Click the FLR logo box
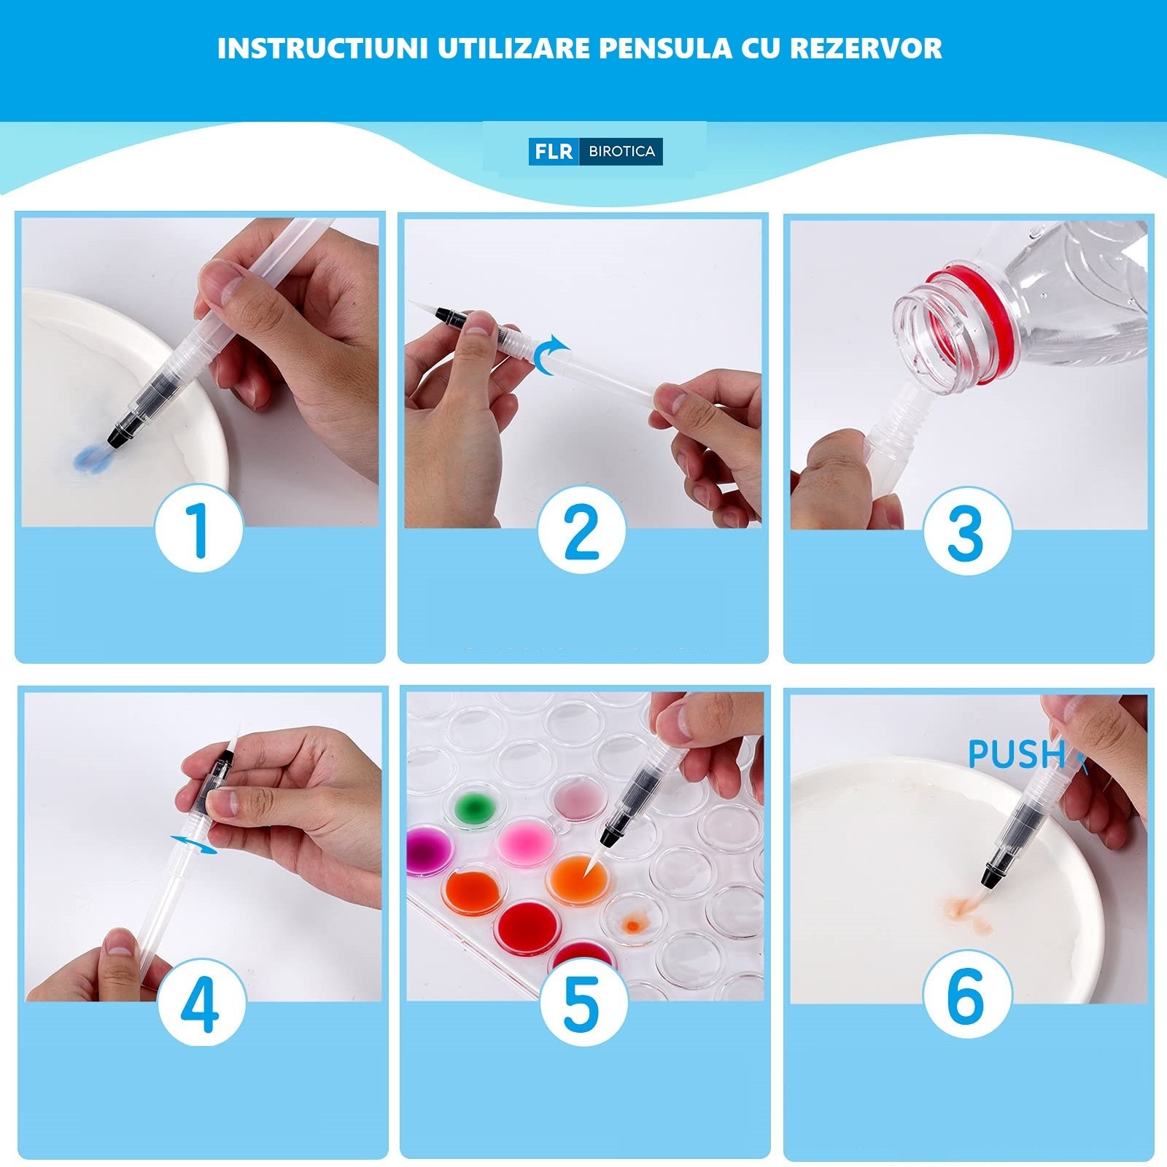(x=554, y=152)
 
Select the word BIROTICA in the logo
(x=621, y=152)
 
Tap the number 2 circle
(x=581, y=530)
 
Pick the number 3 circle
(x=966, y=530)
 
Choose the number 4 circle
(x=201, y=1004)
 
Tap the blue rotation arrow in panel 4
(x=194, y=845)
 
